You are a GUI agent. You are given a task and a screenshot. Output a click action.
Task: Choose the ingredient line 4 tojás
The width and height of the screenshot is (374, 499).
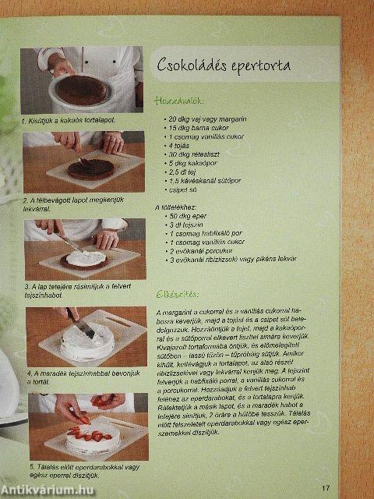tap(180, 146)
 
